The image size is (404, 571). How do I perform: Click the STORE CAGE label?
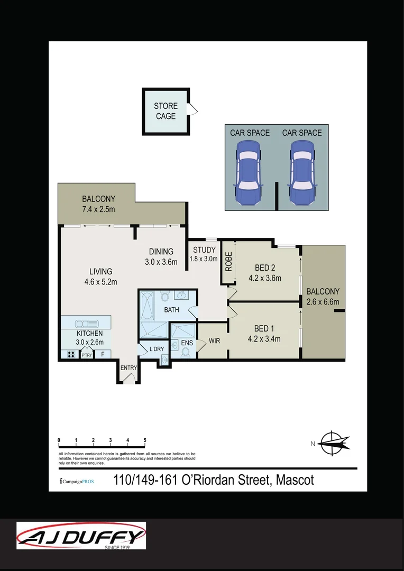(166, 111)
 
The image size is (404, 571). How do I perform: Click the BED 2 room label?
(265, 268)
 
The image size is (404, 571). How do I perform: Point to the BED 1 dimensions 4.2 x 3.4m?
(265, 339)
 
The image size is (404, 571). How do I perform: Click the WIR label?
(214, 341)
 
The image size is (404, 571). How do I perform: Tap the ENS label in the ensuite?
(187, 343)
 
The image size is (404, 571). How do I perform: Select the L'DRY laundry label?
(157, 349)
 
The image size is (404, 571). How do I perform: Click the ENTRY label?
(128, 368)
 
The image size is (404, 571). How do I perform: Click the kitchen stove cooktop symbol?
(69, 355)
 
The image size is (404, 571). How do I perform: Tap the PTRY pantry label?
(87, 355)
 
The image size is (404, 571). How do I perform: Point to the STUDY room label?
(204, 250)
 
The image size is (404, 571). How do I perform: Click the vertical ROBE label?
(228, 261)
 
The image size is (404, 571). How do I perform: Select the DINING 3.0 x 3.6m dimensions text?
(161, 261)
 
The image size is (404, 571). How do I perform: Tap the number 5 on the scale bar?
(145, 440)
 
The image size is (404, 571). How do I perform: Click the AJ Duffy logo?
(81, 536)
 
